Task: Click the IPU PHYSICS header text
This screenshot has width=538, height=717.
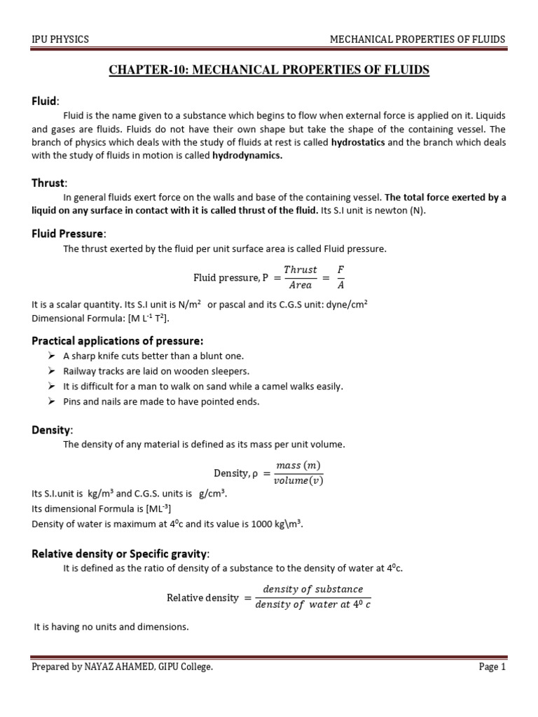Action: click(60, 39)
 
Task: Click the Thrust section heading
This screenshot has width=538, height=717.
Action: click(47, 183)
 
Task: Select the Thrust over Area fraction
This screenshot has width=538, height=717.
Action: click(300, 277)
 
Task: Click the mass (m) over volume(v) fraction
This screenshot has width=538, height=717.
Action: click(299, 473)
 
